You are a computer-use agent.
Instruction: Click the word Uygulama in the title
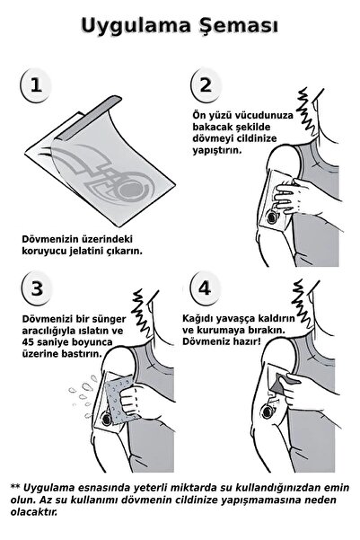(x=134, y=25)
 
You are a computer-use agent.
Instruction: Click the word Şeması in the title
(x=234, y=26)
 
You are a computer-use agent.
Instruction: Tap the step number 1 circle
(x=36, y=85)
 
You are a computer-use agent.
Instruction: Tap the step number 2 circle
(x=206, y=85)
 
